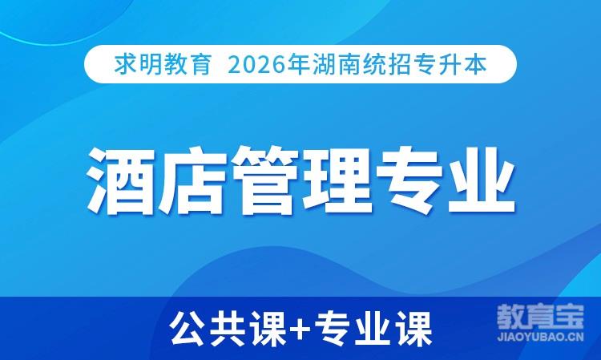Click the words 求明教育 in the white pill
click(163, 64)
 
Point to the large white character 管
click(264, 180)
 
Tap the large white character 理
click(337, 180)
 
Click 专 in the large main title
click(409, 180)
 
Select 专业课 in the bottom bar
click(373, 329)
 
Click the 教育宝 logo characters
click(540, 317)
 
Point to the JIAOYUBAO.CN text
click(540, 337)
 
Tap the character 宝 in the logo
click(570, 317)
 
